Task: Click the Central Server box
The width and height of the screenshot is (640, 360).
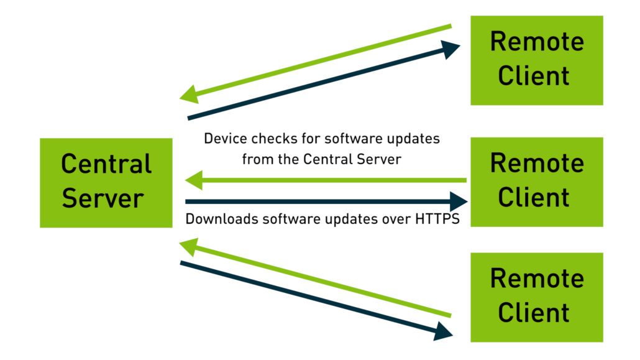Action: (106, 182)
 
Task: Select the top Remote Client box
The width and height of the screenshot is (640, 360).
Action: (536, 60)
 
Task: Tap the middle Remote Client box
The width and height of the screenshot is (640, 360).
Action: (536, 182)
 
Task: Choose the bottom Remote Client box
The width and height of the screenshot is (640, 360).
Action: (536, 297)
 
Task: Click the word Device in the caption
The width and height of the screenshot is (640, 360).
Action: (222, 138)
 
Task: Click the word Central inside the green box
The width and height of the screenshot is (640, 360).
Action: (106, 164)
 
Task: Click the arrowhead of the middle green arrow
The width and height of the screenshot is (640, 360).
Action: (194, 181)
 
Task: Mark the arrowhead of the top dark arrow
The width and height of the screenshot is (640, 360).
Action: (452, 49)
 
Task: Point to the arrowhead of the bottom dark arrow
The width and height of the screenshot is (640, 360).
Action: (443, 331)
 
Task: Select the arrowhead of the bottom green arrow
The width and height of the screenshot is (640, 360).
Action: (187, 247)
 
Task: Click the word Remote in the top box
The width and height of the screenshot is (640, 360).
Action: (536, 42)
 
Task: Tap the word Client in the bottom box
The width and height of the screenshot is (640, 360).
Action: (534, 312)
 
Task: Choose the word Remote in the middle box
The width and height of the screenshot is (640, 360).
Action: (536, 164)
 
